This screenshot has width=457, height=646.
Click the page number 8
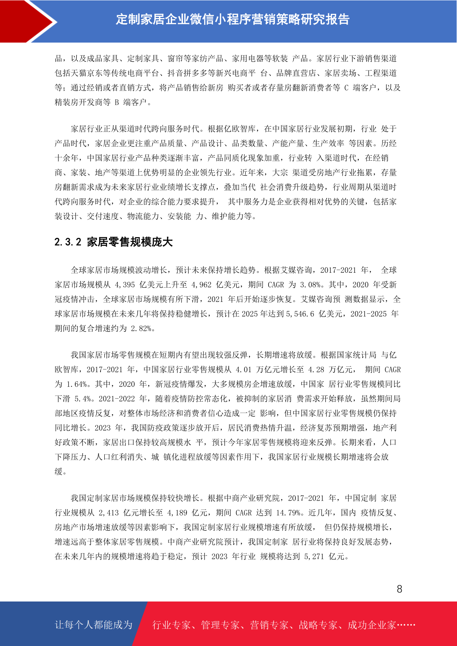point(399,589)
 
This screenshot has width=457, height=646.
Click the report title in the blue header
point(233,20)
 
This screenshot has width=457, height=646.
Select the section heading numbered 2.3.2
point(114,242)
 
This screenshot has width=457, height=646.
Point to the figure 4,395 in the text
point(125,285)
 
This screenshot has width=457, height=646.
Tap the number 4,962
point(201,285)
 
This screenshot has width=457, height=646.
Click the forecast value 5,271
point(314,557)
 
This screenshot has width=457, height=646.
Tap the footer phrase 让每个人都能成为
point(94,625)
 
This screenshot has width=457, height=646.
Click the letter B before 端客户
point(117,102)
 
